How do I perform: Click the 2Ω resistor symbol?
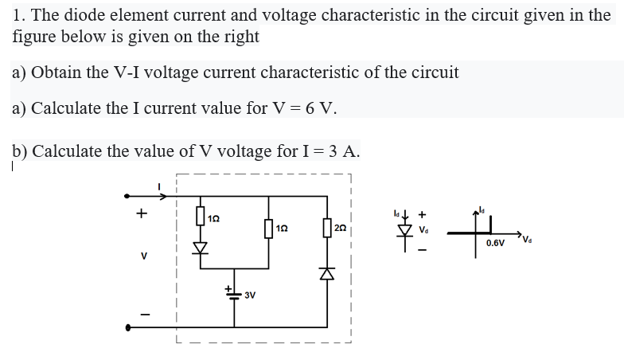(326, 229)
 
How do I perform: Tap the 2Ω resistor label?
(341, 228)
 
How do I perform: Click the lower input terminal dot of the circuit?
(126, 326)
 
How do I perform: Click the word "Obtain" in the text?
(57, 72)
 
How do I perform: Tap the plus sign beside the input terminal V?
(141, 213)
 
